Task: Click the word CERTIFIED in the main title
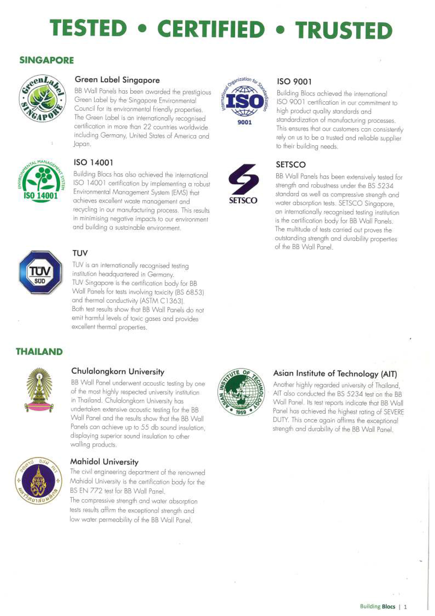(211, 29)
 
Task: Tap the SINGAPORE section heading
(47, 60)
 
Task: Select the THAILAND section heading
(39, 351)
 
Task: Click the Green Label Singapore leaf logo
(42, 98)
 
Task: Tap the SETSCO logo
(243, 185)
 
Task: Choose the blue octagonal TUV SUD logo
(40, 272)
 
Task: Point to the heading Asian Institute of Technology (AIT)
(335, 374)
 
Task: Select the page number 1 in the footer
(405, 607)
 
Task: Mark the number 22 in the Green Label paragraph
(147, 127)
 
